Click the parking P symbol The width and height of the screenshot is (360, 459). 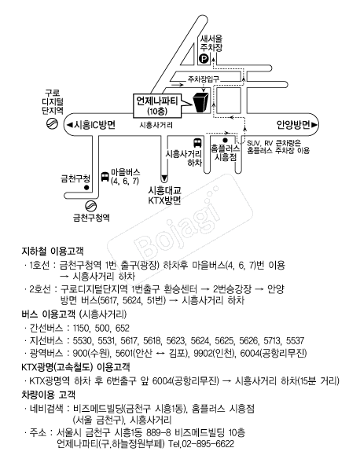click(204, 60)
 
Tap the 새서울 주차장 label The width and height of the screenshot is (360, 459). click(211, 43)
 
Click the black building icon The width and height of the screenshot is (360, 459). click(200, 102)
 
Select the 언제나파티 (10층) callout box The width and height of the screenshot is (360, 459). click(157, 105)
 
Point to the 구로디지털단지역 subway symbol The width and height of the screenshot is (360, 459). click(52, 123)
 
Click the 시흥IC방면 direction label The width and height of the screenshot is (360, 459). click(91, 125)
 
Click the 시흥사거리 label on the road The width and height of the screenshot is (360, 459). click(156, 125)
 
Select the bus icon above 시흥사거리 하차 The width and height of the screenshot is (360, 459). click(197, 143)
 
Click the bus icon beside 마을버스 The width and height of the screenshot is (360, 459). click(105, 177)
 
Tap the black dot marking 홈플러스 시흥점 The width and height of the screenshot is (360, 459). click(225, 140)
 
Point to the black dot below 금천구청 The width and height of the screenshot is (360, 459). click(86, 188)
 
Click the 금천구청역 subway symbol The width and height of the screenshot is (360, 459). click(91, 206)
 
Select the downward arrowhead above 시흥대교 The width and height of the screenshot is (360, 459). click(164, 178)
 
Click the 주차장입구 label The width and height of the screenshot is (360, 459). click(203, 79)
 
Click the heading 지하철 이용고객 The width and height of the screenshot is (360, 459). click(53, 252)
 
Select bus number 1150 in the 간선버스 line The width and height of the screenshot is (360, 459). click(80, 328)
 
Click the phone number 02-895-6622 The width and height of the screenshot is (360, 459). click(208, 444)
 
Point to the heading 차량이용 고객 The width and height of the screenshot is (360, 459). click(48, 395)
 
